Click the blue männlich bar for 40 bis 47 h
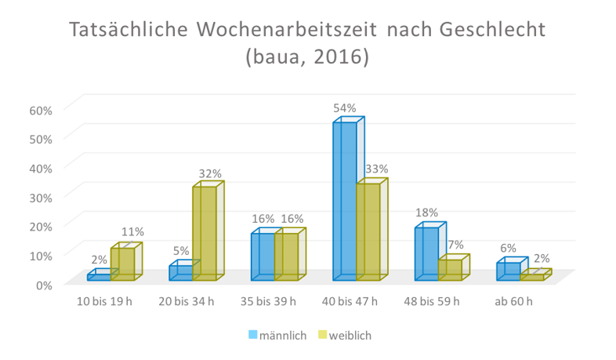(x=344, y=202)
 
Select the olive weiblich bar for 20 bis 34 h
(x=205, y=233)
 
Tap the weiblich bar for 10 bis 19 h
(x=122, y=264)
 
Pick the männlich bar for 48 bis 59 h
(x=426, y=253)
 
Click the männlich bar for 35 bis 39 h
(x=263, y=256)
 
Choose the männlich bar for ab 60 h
(x=509, y=271)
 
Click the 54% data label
(x=345, y=108)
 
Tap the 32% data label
(x=210, y=173)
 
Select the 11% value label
(x=132, y=232)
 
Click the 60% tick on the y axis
(x=41, y=110)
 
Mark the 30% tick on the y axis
(x=41, y=197)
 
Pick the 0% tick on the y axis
(x=44, y=284)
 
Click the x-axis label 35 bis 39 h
(x=274, y=301)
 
